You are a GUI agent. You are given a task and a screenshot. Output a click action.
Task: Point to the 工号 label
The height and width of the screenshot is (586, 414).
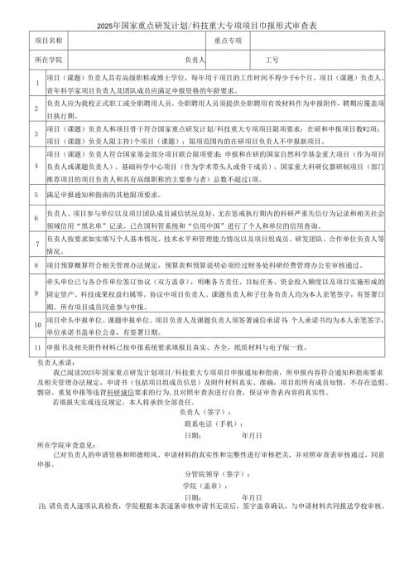272,61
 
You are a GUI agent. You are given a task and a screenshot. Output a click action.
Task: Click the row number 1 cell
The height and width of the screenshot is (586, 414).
36,82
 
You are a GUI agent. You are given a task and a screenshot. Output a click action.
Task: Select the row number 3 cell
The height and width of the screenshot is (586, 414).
36,133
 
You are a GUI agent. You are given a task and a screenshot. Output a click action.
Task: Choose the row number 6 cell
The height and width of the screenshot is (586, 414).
36,218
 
